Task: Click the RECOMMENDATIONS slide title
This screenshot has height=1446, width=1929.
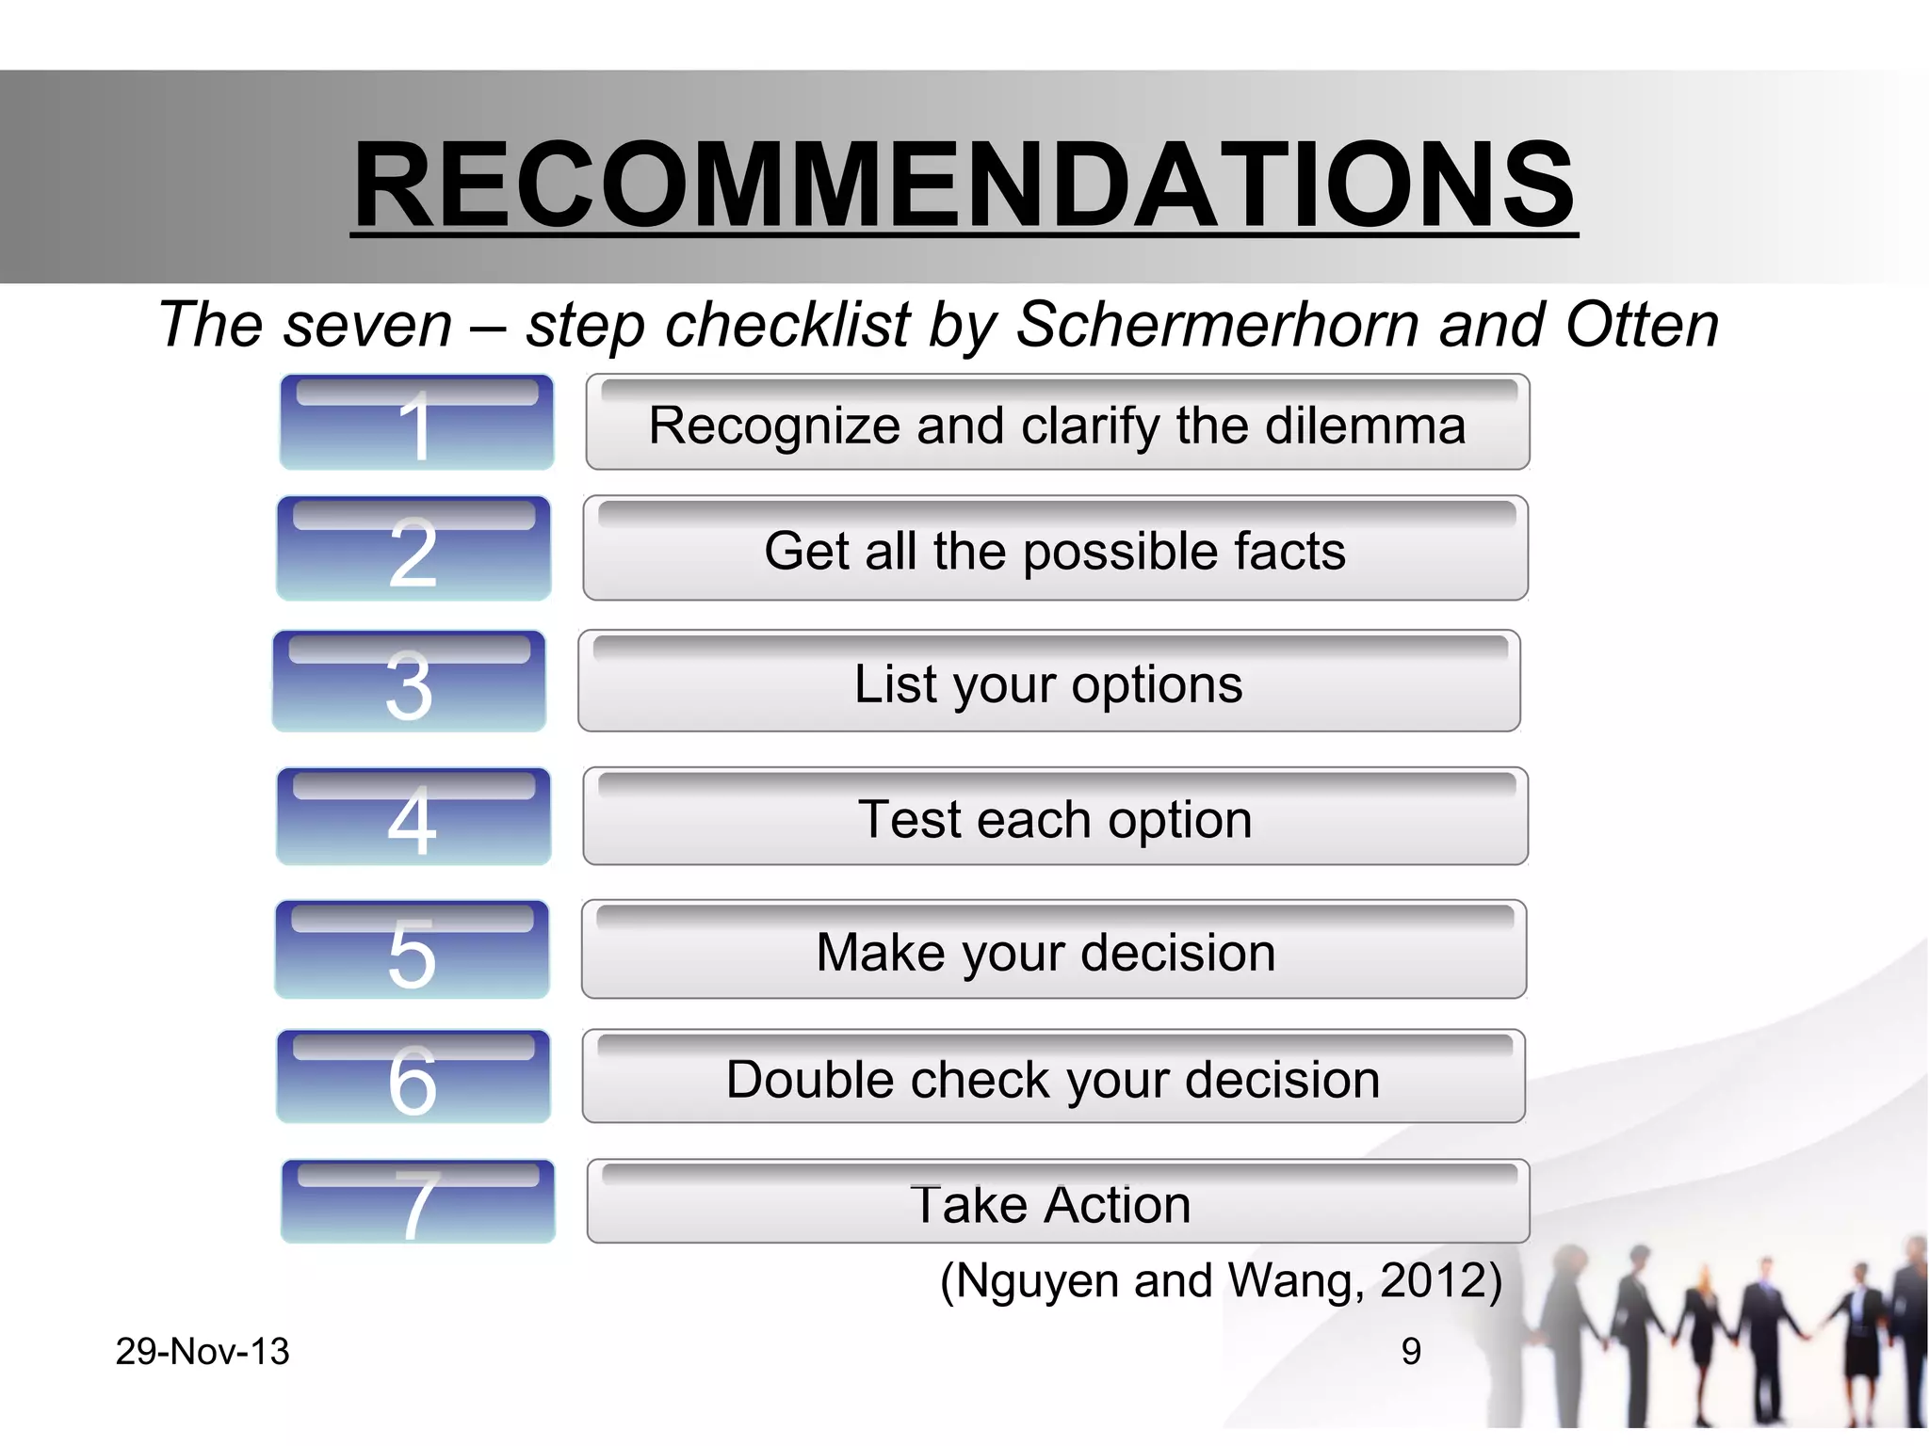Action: (964, 184)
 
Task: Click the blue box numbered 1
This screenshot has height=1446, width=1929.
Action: (416, 423)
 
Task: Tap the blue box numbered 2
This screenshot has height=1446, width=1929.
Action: (413, 549)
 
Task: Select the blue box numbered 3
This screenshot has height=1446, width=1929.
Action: (410, 682)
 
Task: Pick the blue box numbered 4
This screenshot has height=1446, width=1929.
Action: (413, 816)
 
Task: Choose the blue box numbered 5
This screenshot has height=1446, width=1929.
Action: (413, 950)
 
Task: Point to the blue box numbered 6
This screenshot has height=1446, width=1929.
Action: (413, 1077)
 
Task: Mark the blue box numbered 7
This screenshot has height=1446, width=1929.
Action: (417, 1202)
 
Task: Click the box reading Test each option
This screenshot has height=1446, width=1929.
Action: (1055, 817)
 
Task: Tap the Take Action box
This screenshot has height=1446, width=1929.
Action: (1057, 1203)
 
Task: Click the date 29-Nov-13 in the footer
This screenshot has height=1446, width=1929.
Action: (203, 1352)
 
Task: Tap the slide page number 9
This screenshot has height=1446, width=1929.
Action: (1410, 1352)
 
